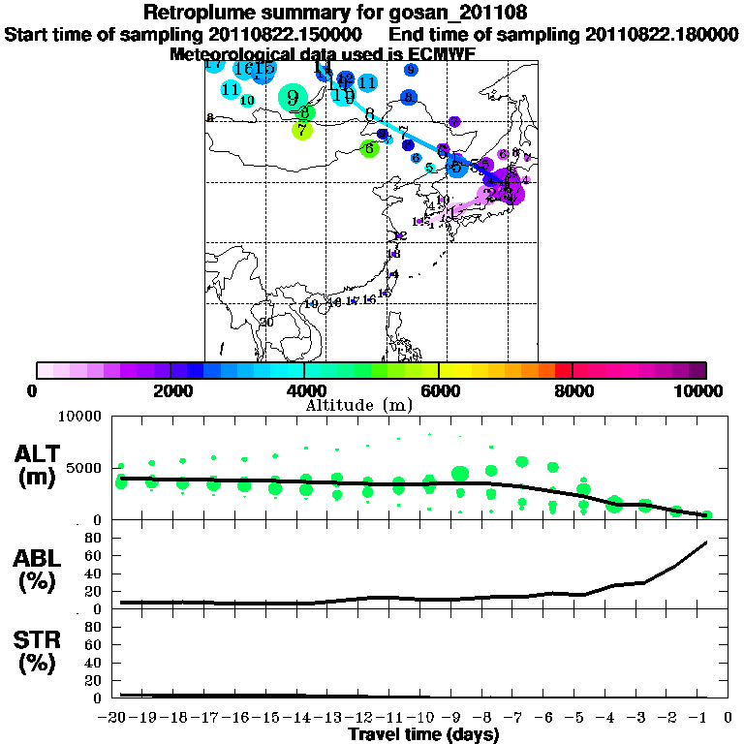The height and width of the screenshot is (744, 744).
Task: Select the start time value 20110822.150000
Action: point(286,34)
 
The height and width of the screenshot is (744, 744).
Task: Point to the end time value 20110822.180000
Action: point(661,34)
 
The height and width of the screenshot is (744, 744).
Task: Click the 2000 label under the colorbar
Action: point(170,391)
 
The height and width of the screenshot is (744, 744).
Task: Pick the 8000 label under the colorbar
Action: point(573,391)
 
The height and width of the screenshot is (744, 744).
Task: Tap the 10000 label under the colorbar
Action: point(700,391)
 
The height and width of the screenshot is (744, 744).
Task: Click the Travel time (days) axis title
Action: point(423,735)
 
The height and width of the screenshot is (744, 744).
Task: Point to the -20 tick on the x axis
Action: point(116,718)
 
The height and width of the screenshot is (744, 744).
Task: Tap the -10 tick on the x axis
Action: point(424,718)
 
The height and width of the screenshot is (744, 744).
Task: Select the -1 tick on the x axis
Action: point(702,718)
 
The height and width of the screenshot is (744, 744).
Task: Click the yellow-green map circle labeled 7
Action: point(301,130)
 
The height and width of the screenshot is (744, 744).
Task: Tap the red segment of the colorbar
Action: point(563,370)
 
